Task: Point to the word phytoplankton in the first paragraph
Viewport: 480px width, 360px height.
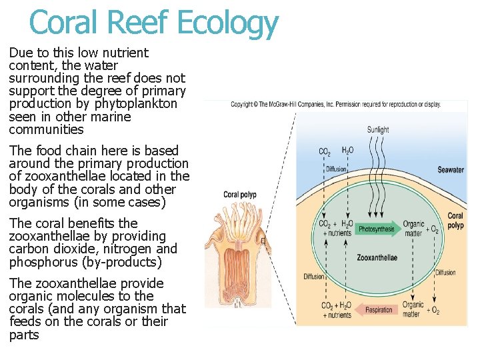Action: pyautogui.click(x=136, y=104)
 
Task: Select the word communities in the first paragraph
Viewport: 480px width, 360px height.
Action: pyautogui.click(x=47, y=129)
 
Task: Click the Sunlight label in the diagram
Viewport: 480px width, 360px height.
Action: pyautogui.click(x=378, y=130)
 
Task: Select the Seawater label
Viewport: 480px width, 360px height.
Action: pyautogui.click(x=451, y=170)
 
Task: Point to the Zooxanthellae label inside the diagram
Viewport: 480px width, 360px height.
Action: pyautogui.click(x=377, y=257)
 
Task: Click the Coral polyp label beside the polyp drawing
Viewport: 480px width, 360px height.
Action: pyautogui.click(x=240, y=195)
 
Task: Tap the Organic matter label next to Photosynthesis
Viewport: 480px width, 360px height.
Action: pyautogui.click(x=413, y=229)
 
